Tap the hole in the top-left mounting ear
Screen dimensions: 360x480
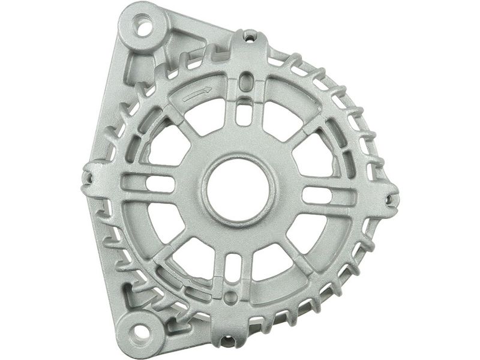click(x=145, y=26)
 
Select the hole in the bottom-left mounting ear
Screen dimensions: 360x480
click(x=139, y=329)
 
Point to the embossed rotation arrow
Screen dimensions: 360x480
click(x=197, y=94)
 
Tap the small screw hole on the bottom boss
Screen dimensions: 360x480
click(x=229, y=340)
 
